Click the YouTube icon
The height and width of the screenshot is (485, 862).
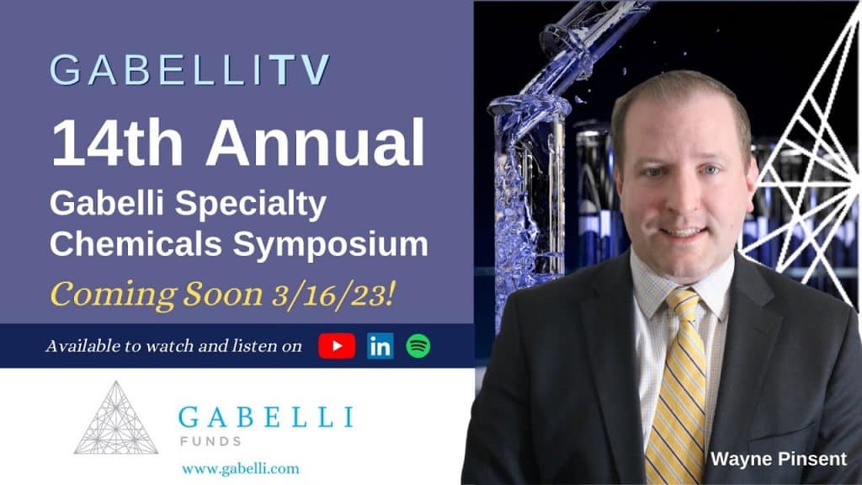click(337, 346)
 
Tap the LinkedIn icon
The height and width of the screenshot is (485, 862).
click(380, 346)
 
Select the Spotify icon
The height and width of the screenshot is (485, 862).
click(418, 346)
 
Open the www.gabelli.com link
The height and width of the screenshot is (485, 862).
click(240, 467)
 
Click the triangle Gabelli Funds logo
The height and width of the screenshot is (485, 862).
click(116, 418)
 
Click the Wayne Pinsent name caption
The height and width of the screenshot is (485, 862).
click(778, 459)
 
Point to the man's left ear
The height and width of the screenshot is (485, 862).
click(747, 180)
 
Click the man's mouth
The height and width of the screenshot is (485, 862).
click(683, 231)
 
